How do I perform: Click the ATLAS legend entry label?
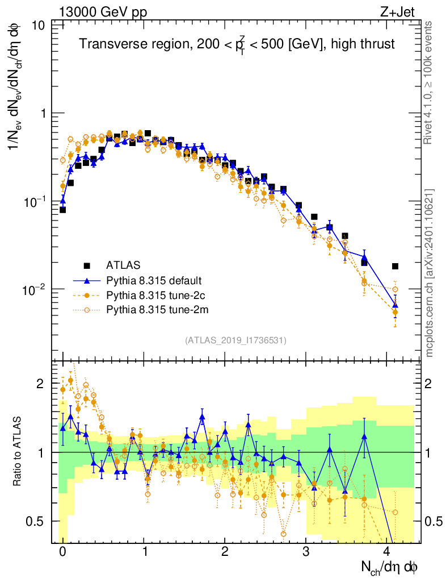pos(123,265)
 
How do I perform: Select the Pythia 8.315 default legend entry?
pos(153,281)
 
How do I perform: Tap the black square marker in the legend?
pos(87,265)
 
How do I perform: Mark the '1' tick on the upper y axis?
pos(43,114)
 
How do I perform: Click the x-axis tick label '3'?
pos(306,552)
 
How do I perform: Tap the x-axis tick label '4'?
pos(387,552)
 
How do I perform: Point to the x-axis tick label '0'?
pos(62,552)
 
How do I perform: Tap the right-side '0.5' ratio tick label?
pos(434,521)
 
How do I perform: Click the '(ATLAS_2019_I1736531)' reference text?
pos(235,340)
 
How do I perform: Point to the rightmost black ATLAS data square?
pos(395,266)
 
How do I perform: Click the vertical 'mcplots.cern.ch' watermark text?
pos(430,273)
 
